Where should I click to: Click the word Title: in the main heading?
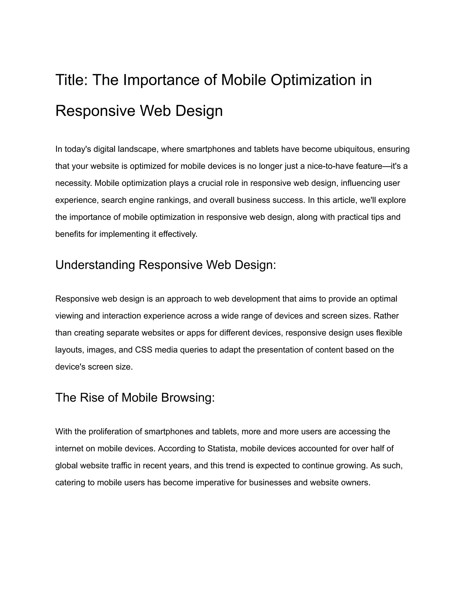click(72, 80)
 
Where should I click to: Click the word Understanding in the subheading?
click(95, 265)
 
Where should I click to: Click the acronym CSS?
click(143, 350)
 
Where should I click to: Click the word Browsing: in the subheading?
click(188, 398)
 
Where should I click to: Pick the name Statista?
click(222, 449)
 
